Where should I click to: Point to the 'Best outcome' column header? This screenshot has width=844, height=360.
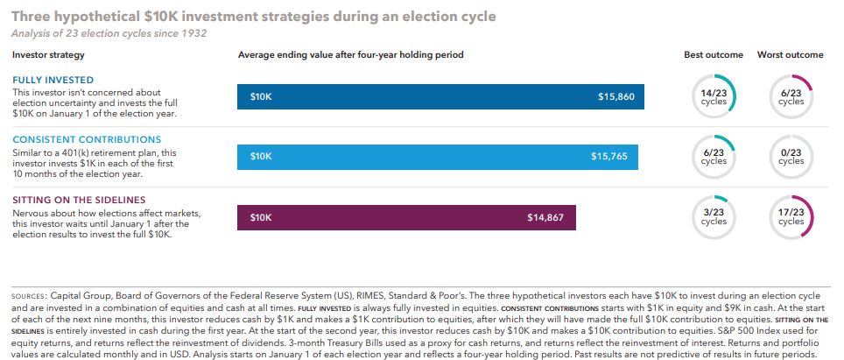pos(714,55)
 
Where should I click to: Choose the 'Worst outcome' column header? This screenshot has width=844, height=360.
pos(791,55)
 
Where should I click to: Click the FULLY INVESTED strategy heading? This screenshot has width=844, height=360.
pos(53,80)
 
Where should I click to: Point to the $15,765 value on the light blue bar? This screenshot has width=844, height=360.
pos(608,156)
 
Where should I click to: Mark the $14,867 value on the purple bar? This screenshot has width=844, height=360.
pos(545,216)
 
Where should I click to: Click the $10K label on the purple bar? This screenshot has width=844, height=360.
pos(261,216)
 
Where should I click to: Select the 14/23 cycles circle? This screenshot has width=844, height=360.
pos(714,96)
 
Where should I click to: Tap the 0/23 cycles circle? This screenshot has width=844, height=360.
pos(791,156)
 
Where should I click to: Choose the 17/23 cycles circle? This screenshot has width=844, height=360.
pos(791,216)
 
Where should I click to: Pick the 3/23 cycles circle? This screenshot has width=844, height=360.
pos(714,216)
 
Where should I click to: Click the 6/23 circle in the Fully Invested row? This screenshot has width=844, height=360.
pos(791,96)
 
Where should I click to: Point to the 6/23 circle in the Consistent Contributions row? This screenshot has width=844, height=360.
pos(714,156)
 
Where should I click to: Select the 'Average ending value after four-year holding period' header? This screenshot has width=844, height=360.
pos(350,55)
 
